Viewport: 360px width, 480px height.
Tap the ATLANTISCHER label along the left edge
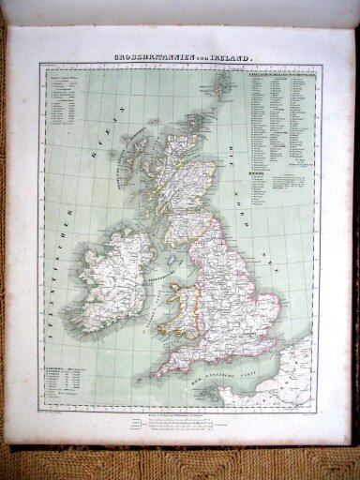pos(55,281)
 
